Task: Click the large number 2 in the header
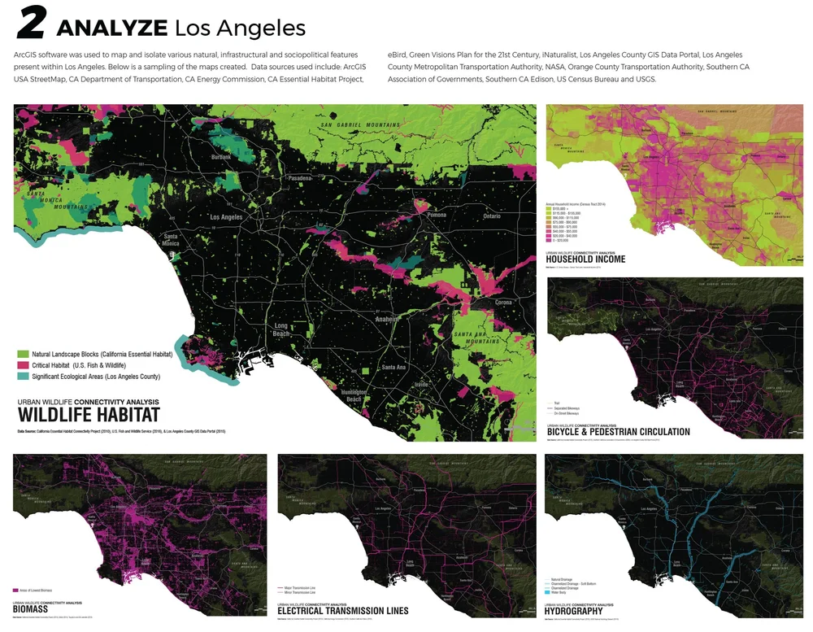[32, 25]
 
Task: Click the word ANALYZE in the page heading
[111, 28]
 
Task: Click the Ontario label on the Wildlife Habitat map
[492, 216]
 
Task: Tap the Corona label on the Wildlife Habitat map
[504, 303]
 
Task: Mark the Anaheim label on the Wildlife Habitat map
[385, 320]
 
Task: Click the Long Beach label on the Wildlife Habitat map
[280, 330]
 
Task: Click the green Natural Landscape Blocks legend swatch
[23, 355]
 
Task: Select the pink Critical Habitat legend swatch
[23, 366]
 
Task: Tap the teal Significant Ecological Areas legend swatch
[23, 377]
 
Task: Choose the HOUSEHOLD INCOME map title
[586, 259]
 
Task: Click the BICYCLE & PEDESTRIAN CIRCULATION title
[618, 432]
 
